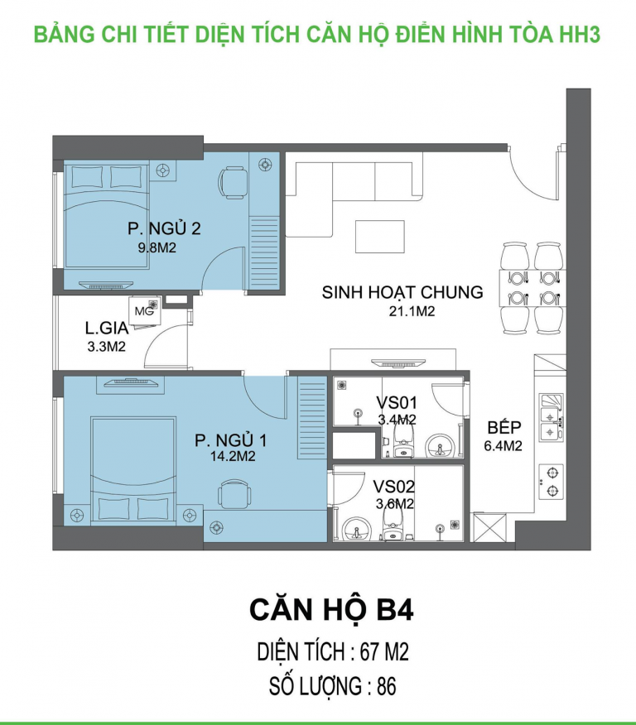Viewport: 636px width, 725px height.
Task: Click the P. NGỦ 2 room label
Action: point(164,229)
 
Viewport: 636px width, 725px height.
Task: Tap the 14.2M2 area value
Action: point(233,456)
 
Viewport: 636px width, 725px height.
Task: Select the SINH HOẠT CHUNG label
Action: point(402,293)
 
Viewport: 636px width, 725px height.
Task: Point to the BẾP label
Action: point(504,427)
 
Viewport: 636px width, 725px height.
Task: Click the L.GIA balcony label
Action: point(107,329)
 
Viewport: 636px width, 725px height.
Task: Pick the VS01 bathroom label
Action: point(397,403)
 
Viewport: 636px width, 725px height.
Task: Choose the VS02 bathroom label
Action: point(394,487)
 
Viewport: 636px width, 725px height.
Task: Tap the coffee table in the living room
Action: point(380,237)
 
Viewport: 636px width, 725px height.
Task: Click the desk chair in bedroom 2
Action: point(233,182)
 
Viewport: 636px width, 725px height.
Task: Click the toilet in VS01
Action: point(403,441)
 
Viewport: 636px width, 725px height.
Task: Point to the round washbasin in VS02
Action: point(356,529)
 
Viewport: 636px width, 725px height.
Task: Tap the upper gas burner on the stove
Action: point(552,473)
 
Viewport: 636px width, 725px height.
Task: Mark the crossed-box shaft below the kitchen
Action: point(489,527)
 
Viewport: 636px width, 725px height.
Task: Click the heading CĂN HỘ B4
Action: point(331,610)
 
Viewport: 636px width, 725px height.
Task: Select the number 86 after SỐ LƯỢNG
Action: point(387,687)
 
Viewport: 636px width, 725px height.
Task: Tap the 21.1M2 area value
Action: point(412,312)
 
